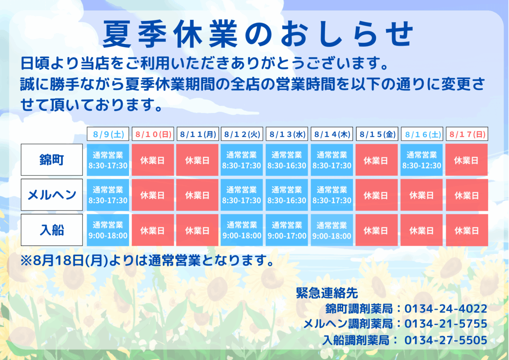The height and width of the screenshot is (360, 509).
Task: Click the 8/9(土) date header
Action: coord(108,134)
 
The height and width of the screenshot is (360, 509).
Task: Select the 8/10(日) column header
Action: coord(153,134)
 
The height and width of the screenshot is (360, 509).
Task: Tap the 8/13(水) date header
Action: coord(287,134)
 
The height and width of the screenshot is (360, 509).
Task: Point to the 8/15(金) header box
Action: coord(377,134)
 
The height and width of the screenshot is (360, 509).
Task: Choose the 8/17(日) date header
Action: coord(467,134)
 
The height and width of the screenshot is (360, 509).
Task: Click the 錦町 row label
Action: coord(52,160)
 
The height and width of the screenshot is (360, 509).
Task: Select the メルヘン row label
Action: coord(52,195)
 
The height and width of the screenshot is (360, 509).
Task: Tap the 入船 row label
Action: coord(52,230)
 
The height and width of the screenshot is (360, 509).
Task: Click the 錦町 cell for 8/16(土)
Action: coord(422,160)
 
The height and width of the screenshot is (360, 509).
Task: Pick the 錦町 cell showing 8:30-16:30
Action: coord(287,160)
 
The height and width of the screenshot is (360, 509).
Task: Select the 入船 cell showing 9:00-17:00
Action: coord(287,230)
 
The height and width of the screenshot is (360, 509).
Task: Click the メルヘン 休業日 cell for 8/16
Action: coord(422,195)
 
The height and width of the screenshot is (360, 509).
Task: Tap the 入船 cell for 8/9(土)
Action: coord(108,230)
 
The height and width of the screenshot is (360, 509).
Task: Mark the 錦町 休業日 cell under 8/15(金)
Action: coord(377,160)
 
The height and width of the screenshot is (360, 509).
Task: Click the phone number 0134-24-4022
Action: coord(446,309)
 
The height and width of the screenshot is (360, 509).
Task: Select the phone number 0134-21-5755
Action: coord(446,323)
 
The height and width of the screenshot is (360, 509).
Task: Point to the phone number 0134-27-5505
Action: coord(446,340)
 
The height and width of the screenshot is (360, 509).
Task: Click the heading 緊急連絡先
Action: coord(327,293)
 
